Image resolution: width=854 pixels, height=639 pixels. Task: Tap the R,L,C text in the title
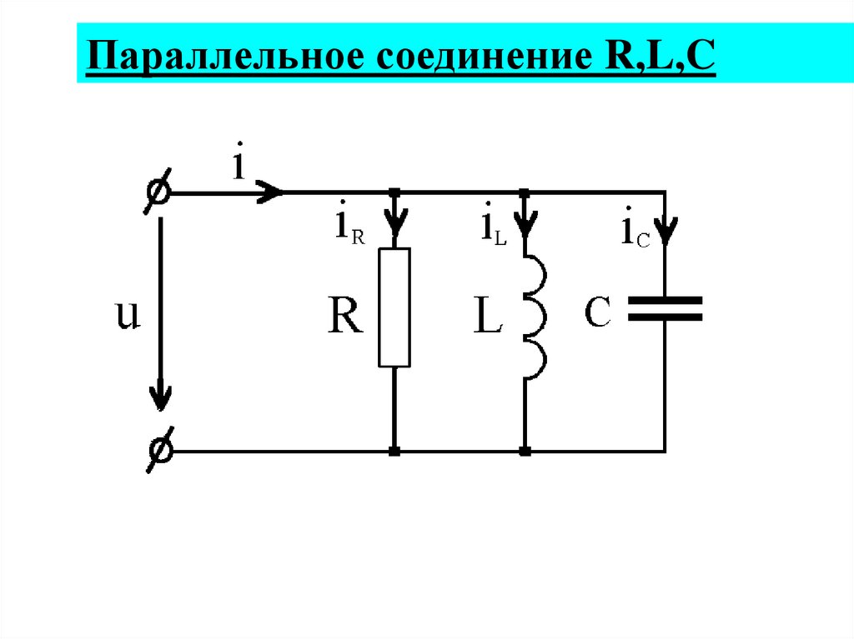[643, 60]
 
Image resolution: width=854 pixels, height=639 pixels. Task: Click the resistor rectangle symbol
[394, 307]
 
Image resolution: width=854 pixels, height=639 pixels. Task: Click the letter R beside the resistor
[344, 317]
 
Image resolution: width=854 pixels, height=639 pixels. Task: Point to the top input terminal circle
[158, 192]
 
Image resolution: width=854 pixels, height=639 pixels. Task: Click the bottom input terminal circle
[158, 451]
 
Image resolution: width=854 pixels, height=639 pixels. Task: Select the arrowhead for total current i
[271, 192]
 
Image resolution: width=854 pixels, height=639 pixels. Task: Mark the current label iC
[634, 231]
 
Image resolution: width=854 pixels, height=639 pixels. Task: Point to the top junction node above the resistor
[394, 192]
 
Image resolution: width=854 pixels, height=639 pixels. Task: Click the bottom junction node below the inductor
[525, 452]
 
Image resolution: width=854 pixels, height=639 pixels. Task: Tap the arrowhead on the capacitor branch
[666, 229]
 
